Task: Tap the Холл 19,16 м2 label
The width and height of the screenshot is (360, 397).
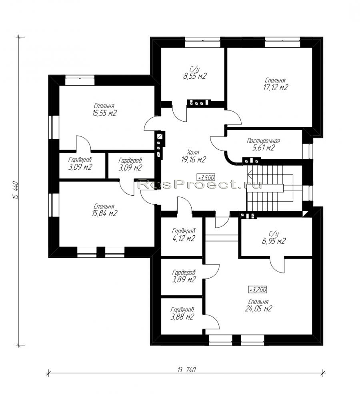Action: (194, 156)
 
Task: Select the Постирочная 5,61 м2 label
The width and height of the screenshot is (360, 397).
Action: (263, 144)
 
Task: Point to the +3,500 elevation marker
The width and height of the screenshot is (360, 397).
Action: (206, 177)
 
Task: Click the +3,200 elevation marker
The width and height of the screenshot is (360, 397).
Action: (258, 289)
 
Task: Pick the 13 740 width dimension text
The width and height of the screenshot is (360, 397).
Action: (187, 370)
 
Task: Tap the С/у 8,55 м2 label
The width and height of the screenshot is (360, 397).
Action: (194, 73)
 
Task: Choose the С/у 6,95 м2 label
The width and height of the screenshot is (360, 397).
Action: (274, 238)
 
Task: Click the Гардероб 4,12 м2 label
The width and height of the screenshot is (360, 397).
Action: (184, 235)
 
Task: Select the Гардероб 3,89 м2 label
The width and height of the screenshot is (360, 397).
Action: (184, 276)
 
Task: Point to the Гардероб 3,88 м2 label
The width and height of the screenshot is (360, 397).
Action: (182, 313)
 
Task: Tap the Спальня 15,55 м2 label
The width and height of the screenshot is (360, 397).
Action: (104, 110)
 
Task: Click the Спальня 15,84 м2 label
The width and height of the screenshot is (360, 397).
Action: (104, 210)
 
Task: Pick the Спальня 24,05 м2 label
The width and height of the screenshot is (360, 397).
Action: (258, 305)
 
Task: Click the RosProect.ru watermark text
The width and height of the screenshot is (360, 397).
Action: (199, 184)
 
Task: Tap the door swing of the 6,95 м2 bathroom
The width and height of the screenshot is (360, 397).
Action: (277, 265)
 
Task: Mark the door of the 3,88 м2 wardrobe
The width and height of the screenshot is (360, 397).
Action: (212, 322)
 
